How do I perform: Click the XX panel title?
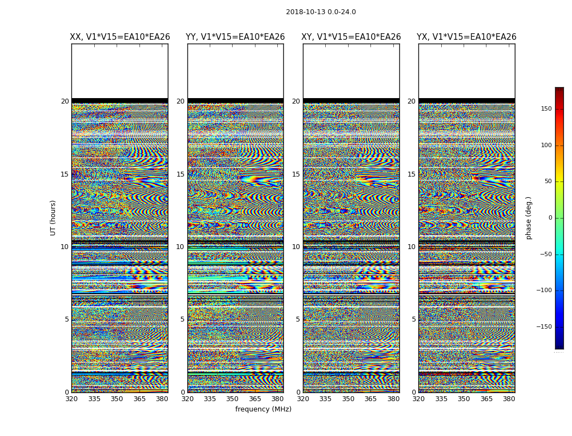(120, 37)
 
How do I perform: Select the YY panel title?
(235, 37)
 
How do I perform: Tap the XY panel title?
(351, 37)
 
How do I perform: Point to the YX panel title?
(467, 37)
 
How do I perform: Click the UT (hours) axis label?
(53, 217)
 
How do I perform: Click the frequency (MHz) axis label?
(263, 409)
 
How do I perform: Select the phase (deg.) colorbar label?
(528, 217)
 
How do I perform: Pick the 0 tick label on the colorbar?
(550, 218)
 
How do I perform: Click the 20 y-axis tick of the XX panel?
(65, 101)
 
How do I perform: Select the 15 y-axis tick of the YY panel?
(180, 174)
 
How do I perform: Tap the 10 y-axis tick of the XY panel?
(296, 247)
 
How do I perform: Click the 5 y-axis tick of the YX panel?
(413, 319)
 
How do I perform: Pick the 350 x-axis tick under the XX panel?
(117, 399)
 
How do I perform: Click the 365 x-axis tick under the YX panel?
(486, 399)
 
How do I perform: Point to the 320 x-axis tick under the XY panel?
(303, 399)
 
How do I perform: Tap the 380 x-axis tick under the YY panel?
(278, 399)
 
